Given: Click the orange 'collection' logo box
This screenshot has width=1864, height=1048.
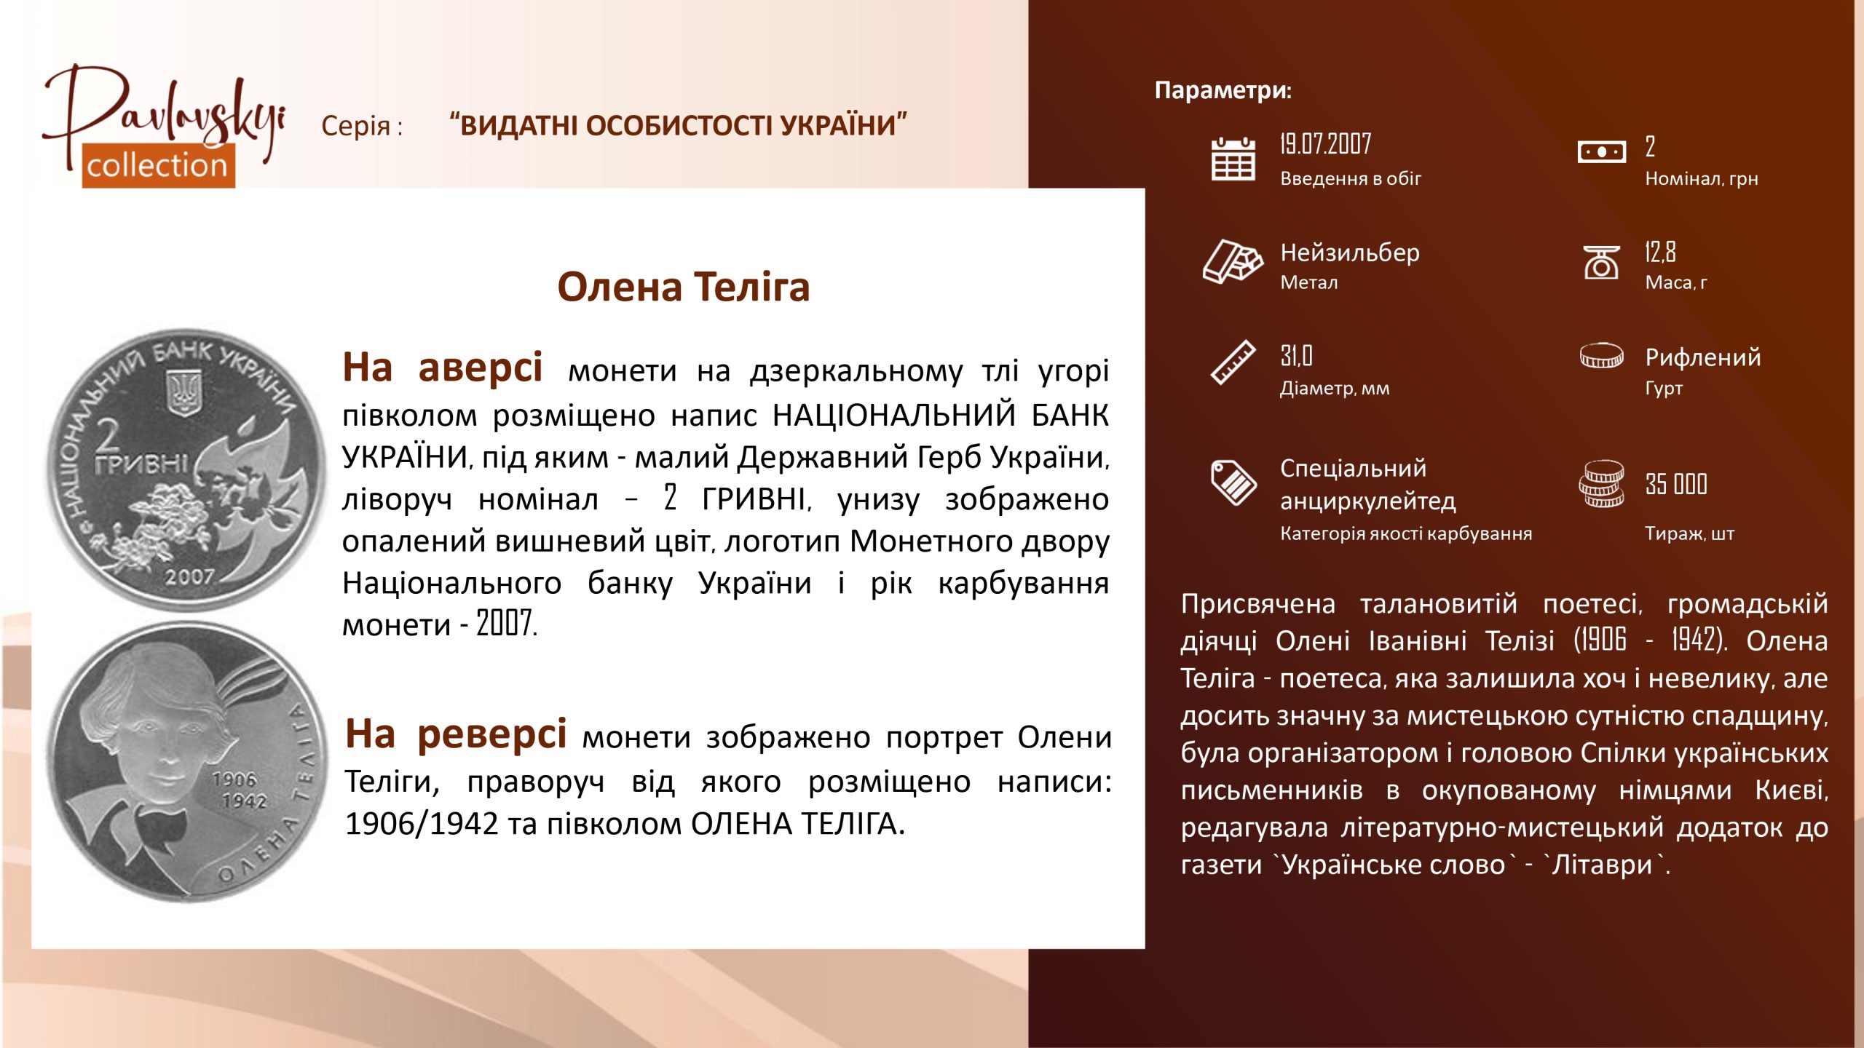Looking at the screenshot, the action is click(158, 165).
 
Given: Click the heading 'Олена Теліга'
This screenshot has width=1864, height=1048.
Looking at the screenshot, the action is click(683, 287).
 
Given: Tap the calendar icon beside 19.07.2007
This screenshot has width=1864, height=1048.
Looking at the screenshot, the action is click(1233, 158).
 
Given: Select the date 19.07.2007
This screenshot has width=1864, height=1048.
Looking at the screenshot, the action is click(1325, 144).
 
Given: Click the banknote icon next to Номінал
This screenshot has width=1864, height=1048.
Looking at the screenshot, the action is click(1601, 152).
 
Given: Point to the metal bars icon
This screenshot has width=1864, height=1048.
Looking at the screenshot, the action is click(1233, 261).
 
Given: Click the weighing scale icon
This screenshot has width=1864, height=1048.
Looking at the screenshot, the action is click(1601, 262).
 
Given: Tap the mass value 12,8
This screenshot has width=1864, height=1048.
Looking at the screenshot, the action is click(1660, 252).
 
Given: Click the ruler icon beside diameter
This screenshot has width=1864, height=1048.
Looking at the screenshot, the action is click(1233, 362).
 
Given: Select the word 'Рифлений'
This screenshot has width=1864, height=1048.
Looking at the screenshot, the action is click(1702, 357).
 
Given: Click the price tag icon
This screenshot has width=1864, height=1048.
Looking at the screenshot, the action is click(1233, 482).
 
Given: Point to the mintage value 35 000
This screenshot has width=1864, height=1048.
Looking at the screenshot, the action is click(1676, 484).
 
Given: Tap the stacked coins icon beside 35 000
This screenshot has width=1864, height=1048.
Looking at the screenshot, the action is click(1601, 484).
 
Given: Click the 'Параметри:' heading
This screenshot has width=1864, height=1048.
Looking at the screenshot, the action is click(1223, 90).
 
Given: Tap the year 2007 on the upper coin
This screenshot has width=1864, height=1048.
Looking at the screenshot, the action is click(189, 576).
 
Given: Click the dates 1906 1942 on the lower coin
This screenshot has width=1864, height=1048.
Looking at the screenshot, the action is click(240, 790).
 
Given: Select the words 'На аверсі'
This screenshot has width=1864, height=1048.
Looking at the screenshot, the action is click(443, 367).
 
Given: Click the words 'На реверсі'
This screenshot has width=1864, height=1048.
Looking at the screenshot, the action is click(456, 734).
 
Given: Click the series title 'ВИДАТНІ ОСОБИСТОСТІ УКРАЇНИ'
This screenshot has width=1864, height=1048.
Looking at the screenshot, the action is click(678, 125).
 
